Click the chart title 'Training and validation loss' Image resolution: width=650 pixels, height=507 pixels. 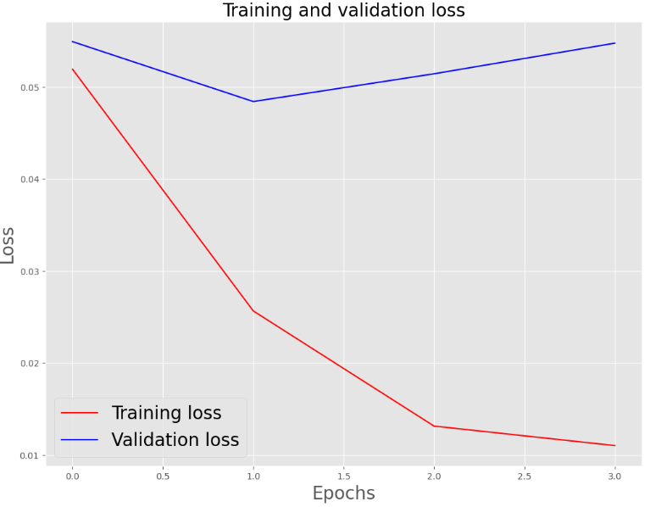(x=343, y=10)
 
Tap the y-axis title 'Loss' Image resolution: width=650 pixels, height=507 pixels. (x=8, y=245)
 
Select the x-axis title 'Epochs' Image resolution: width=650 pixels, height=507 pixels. (x=343, y=493)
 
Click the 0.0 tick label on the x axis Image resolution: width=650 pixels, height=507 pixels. (x=72, y=476)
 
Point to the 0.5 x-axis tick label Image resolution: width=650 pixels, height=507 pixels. (x=163, y=476)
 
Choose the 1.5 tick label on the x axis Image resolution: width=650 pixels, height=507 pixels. (x=343, y=476)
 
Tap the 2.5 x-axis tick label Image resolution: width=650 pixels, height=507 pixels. (x=525, y=476)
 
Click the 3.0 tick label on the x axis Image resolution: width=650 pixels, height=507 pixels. (x=614, y=476)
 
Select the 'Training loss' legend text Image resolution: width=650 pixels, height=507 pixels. (x=166, y=413)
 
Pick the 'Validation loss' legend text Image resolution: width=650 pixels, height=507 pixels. (x=175, y=440)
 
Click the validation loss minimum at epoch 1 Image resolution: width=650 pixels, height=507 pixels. (x=253, y=102)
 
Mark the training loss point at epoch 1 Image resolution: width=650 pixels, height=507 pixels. (x=253, y=310)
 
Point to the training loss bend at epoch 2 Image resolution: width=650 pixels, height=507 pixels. (x=434, y=426)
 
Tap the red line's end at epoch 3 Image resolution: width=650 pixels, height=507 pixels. (x=614, y=446)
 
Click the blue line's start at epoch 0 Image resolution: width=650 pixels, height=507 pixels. (x=72, y=42)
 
